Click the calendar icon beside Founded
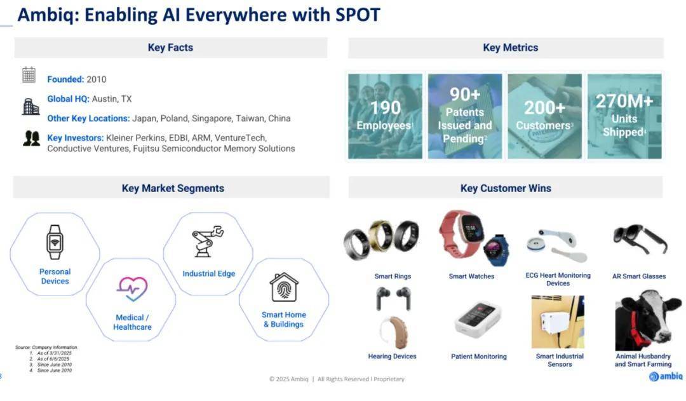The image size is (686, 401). pyautogui.click(x=29, y=75)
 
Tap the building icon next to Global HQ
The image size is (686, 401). pyautogui.click(x=30, y=106)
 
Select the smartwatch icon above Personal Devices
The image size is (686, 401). pyautogui.click(x=55, y=242)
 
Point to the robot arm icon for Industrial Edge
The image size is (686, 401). pyautogui.click(x=208, y=241)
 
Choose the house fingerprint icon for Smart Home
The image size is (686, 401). pyautogui.click(x=284, y=287)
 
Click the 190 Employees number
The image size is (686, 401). pyautogui.click(x=386, y=107)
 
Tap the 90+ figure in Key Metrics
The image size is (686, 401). pyautogui.click(x=465, y=94)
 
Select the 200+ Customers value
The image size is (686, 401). pyautogui.click(x=545, y=107)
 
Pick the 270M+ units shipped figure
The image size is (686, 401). pyautogui.click(x=624, y=101)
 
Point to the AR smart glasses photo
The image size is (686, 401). pyautogui.click(x=640, y=240)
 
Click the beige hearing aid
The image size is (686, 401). pyautogui.click(x=394, y=333)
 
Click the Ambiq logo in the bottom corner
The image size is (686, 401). pyautogui.click(x=666, y=376)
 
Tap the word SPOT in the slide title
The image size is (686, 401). pyautogui.click(x=358, y=15)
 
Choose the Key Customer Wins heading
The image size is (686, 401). pyautogui.click(x=506, y=188)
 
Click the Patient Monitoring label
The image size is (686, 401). pyautogui.click(x=479, y=357)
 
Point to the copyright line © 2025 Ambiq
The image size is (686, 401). pyautogui.click(x=289, y=379)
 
